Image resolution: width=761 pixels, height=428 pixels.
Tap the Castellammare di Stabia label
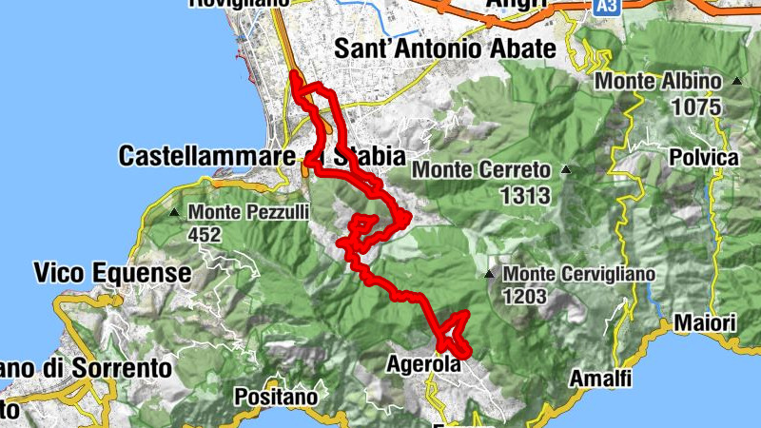click(x=262, y=156)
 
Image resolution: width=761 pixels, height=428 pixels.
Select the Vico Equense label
click(x=112, y=274)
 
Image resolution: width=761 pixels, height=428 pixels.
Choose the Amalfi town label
click(x=600, y=379)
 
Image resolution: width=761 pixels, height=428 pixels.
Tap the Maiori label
click(x=706, y=324)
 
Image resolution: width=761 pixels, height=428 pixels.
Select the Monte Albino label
click(x=658, y=83)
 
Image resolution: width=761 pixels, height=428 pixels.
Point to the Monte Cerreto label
click(x=481, y=171)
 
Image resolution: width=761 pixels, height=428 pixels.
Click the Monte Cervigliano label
click(x=579, y=275)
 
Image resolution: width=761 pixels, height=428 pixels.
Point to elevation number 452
click(x=205, y=234)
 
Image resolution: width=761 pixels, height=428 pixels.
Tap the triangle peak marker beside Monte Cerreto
click(x=566, y=171)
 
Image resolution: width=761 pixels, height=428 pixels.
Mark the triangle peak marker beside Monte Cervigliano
click(x=490, y=275)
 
